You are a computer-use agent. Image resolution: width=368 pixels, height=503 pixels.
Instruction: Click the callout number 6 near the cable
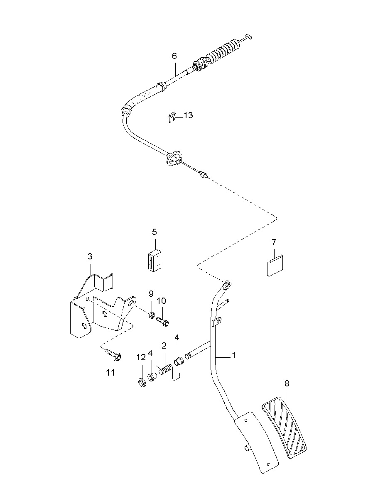point(174,55)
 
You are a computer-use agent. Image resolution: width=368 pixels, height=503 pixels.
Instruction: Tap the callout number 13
point(188,115)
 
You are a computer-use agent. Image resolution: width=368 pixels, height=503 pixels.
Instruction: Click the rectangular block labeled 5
point(154,260)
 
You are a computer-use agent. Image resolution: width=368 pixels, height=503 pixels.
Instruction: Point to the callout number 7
point(274,242)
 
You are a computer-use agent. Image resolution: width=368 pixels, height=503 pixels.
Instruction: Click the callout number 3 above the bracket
point(90,256)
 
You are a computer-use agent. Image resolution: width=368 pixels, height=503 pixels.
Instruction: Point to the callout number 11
point(110,373)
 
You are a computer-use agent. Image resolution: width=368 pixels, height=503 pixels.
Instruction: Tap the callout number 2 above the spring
point(164,345)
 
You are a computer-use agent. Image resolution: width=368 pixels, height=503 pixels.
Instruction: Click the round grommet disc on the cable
point(173,158)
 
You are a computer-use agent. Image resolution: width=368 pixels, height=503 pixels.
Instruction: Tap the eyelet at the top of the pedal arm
point(227,284)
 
